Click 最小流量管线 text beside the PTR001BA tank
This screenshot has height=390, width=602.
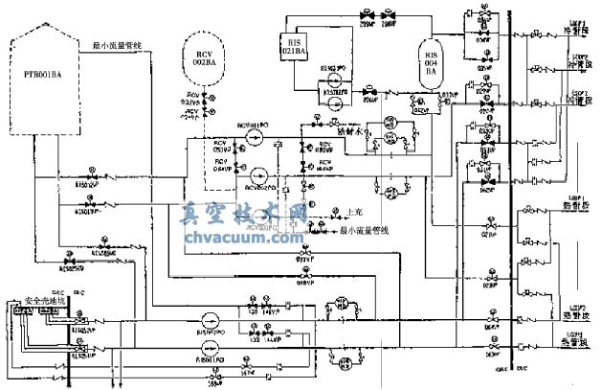[x=118, y=45]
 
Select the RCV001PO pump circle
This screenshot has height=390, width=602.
[x=253, y=138]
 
